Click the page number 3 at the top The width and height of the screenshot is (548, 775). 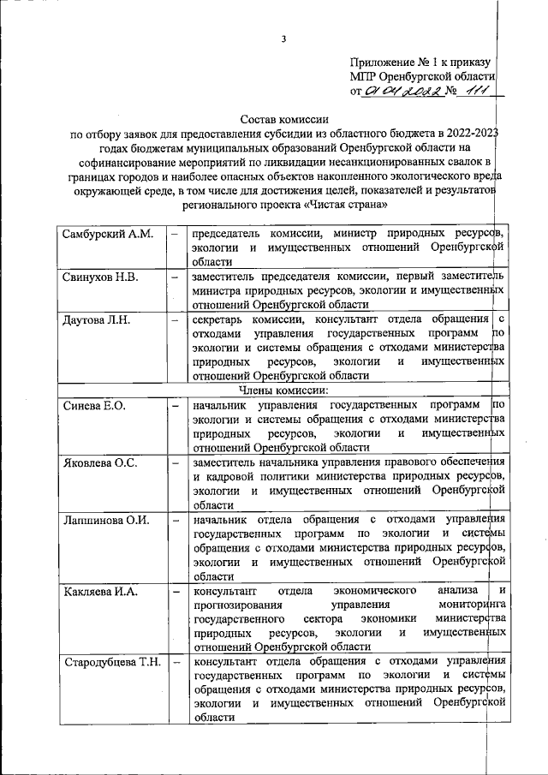click(283, 38)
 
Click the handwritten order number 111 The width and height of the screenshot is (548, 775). click(469, 91)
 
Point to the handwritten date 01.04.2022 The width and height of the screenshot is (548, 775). click(399, 92)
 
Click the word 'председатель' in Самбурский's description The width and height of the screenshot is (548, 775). click(228, 233)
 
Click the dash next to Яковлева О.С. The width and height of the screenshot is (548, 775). click(175, 463)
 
